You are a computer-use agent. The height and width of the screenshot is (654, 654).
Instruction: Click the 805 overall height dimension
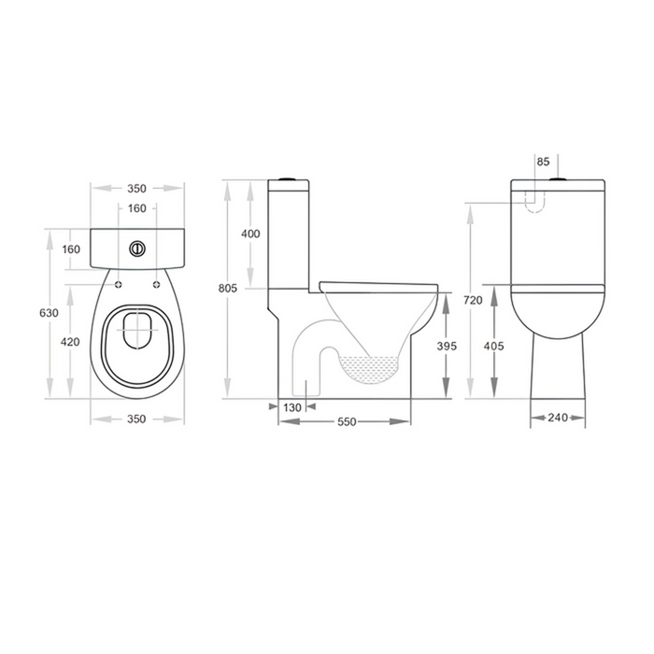click(228, 288)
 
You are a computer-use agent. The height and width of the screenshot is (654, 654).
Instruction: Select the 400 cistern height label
click(250, 234)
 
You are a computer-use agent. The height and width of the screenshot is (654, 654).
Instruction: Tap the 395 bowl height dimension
click(447, 346)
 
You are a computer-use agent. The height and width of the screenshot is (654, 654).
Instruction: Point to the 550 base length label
click(347, 421)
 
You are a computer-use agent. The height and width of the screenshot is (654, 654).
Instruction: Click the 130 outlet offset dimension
click(291, 407)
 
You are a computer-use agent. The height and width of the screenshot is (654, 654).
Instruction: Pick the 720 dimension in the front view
click(473, 300)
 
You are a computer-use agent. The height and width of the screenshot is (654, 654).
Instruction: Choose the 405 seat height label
click(494, 346)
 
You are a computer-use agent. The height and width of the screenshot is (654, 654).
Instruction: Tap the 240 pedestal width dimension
click(558, 417)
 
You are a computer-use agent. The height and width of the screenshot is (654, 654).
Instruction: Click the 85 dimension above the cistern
click(543, 162)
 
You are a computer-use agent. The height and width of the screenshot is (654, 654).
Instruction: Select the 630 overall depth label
click(49, 312)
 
